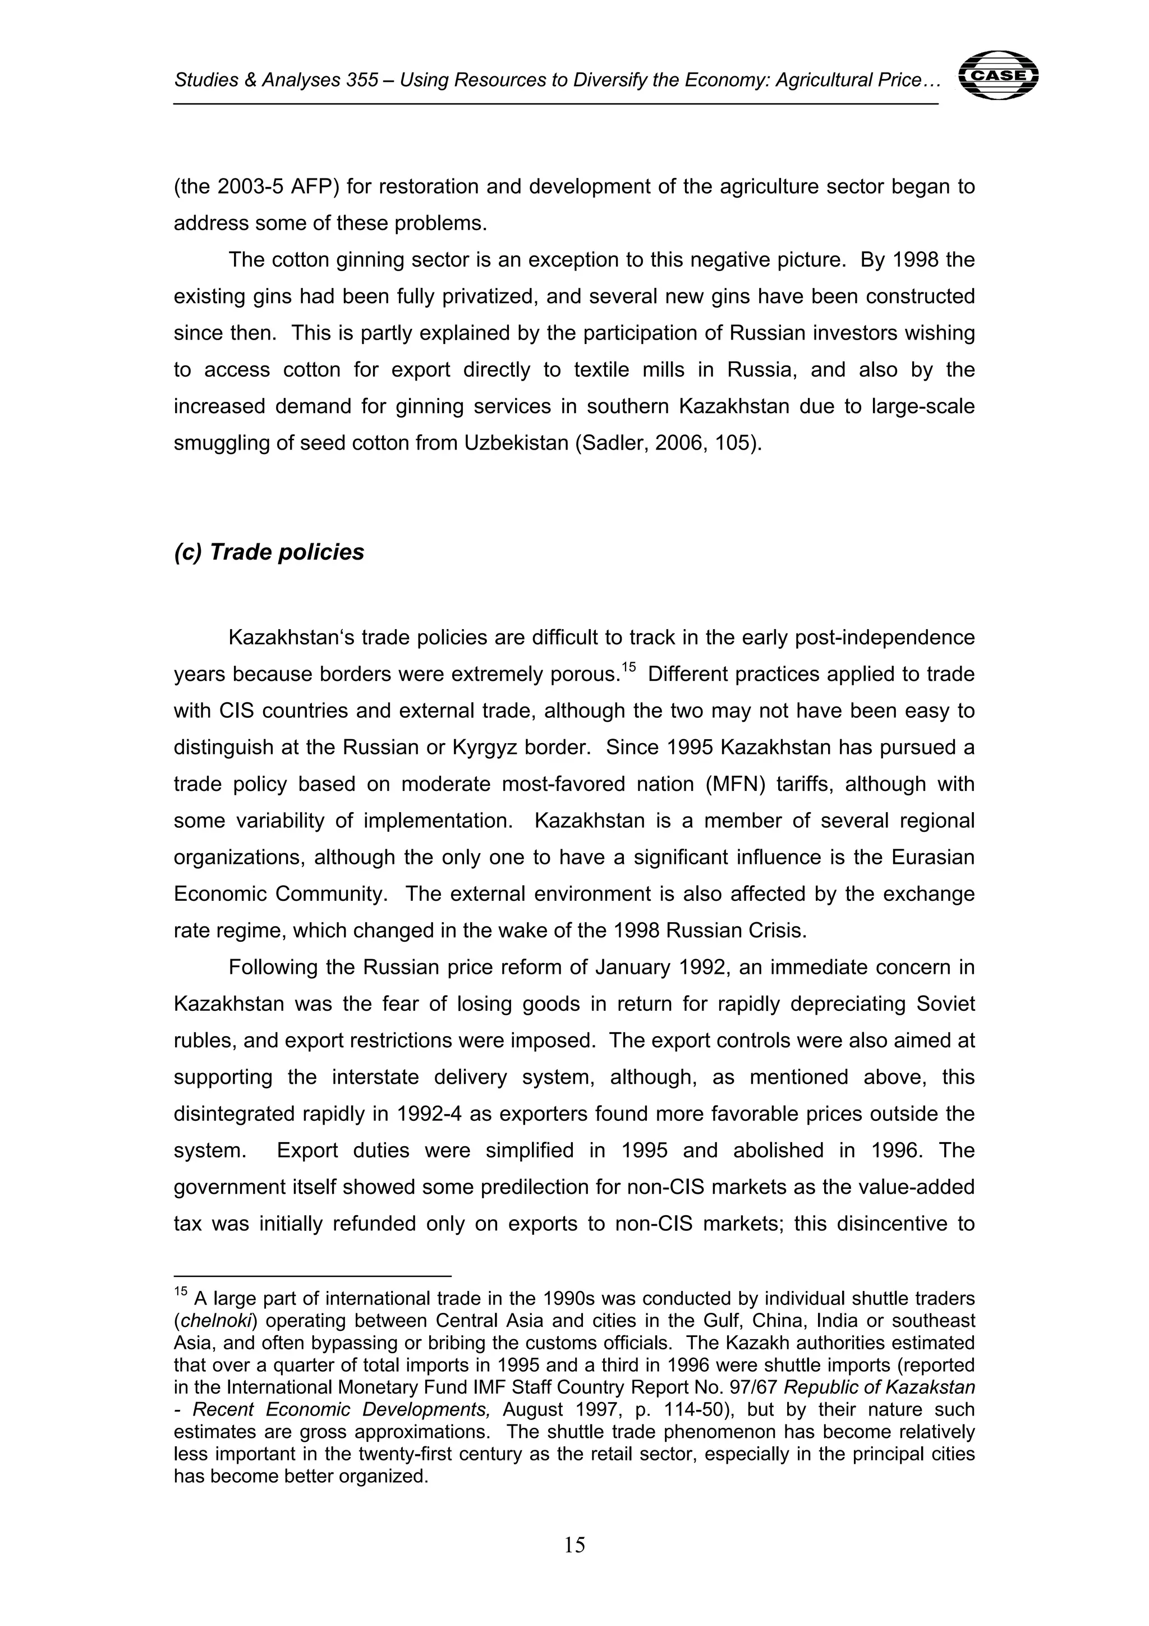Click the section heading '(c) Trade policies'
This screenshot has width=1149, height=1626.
click(269, 552)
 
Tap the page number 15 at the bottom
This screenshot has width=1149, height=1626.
click(574, 1545)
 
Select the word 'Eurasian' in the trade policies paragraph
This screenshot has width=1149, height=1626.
click(933, 858)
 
